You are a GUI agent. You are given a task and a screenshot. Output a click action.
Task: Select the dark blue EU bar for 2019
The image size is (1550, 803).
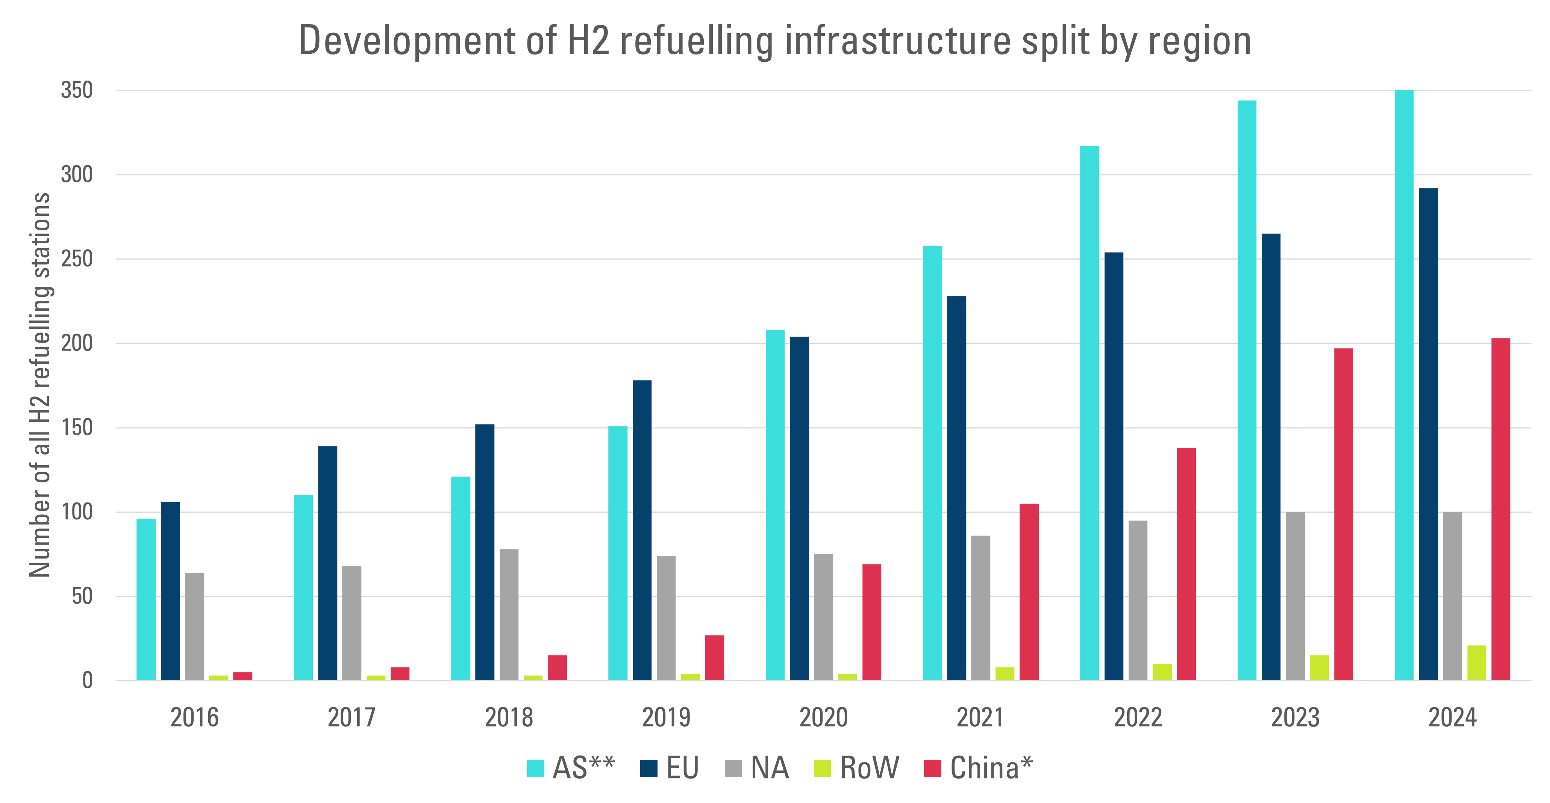pyautogui.click(x=642, y=530)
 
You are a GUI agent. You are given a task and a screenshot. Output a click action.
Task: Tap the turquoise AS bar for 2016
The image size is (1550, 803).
pyautogui.click(x=146, y=599)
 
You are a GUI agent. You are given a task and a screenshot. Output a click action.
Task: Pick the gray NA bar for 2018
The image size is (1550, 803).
pyautogui.click(x=509, y=614)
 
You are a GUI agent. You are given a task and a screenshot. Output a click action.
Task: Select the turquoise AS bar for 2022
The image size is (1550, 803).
pyautogui.click(x=1090, y=413)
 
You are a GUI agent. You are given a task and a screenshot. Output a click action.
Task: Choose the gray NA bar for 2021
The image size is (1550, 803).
pyautogui.click(x=981, y=607)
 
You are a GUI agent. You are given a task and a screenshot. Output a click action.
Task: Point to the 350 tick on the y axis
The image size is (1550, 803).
pyautogui.click(x=77, y=90)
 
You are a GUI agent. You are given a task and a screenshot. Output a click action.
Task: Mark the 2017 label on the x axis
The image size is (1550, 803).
pyautogui.click(x=352, y=718)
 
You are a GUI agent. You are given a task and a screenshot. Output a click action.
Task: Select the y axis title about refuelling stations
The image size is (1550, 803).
pyautogui.click(x=40, y=385)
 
